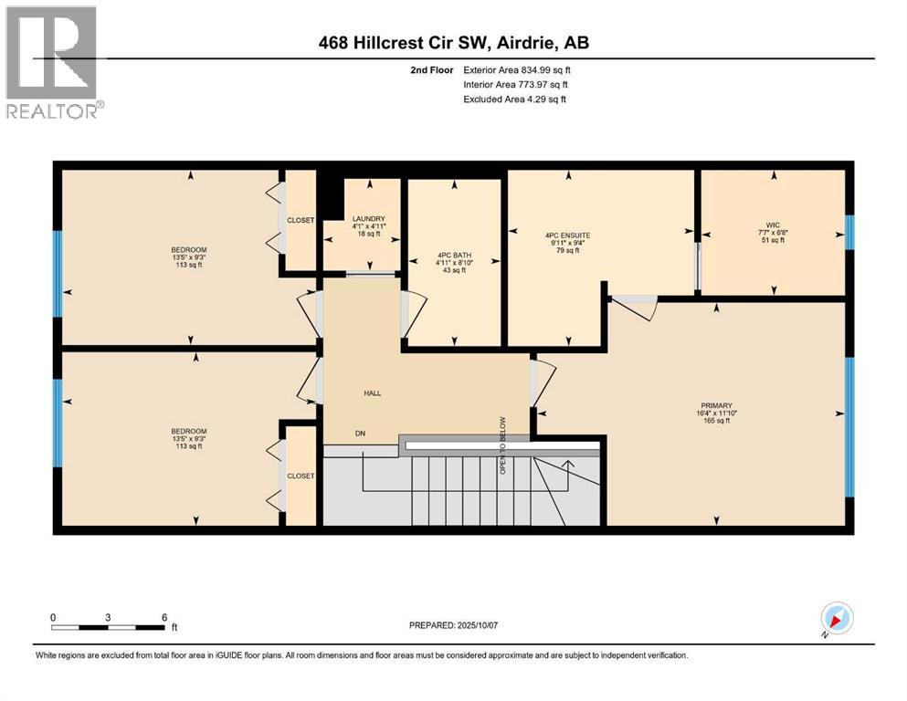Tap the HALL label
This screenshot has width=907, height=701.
tap(371, 393)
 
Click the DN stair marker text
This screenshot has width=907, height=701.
tap(361, 434)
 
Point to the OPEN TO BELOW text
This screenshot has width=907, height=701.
tap(501, 445)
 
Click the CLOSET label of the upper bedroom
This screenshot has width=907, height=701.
tap(300, 220)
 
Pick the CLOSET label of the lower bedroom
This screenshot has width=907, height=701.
tap(300, 476)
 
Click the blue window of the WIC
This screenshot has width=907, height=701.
tap(849, 232)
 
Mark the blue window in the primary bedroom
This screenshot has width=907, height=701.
tap(849, 426)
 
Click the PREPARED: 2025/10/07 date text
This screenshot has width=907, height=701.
tap(453, 625)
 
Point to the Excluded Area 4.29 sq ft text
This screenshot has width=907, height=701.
tap(514, 99)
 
